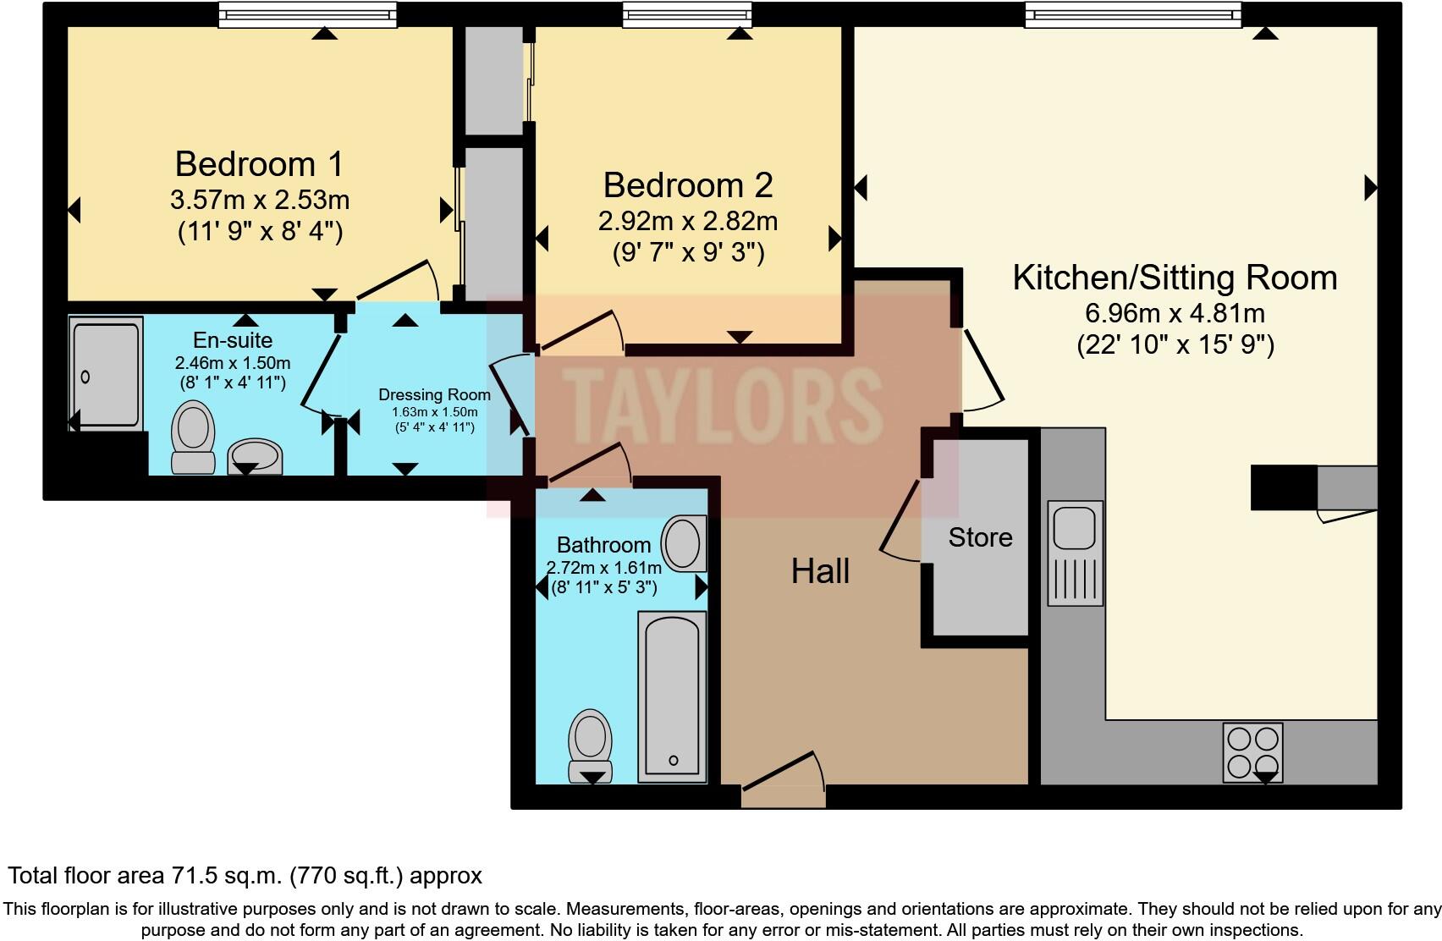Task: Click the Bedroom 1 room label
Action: [x=259, y=164]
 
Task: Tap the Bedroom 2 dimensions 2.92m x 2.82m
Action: [x=687, y=222]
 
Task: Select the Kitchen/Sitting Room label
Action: [x=1175, y=278]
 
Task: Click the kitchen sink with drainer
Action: [x=1075, y=552]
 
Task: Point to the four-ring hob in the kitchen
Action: [x=1252, y=752]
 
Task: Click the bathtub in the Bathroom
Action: [x=673, y=696]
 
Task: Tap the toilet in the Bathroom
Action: [x=591, y=745]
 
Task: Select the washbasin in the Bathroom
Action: [x=683, y=543]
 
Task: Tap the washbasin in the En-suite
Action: [x=256, y=456]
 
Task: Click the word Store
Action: [x=980, y=537]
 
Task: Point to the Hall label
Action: [x=820, y=572]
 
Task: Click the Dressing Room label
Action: [x=434, y=395]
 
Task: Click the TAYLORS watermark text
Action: [x=722, y=404]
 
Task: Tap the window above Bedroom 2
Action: [x=686, y=14]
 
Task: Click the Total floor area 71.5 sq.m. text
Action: [x=245, y=875]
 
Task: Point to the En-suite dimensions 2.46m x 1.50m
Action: [x=233, y=363]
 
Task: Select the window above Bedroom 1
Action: [x=307, y=14]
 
